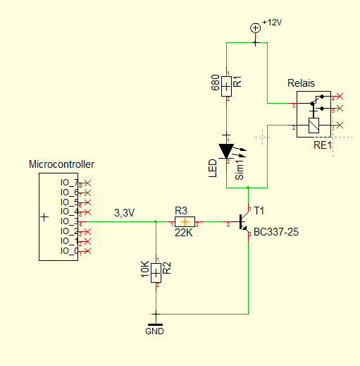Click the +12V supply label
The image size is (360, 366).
click(x=272, y=23)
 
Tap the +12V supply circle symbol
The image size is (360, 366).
click(x=256, y=28)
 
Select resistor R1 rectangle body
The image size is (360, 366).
click(x=226, y=87)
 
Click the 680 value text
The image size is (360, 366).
click(x=215, y=83)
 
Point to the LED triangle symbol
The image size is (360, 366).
click(x=226, y=151)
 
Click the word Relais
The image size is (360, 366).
click(x=301, y=83)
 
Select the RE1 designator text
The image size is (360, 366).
click(x=323, y=145)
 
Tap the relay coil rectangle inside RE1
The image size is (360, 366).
click(x=314, y=126)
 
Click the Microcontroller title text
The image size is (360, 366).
click(x=62, y=164)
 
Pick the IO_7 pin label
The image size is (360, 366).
click(x=69, y=183)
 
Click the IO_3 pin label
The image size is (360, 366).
click(x=69, y=221)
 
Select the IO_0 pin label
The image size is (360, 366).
click(x=69, y=251)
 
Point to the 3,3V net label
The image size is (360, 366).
click(x=125, y=213)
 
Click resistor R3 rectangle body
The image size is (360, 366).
click(x=185, y=221)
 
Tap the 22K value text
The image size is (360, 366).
click(x=184, y=233)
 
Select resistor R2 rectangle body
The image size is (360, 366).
click(x=156, y=273)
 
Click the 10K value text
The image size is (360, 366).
click(x=145, y=269)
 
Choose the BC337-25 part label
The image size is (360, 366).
click(x=276, y=232)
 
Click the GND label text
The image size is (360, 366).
click(x=154, y=331)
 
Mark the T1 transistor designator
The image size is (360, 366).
click(x=259, y=211)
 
